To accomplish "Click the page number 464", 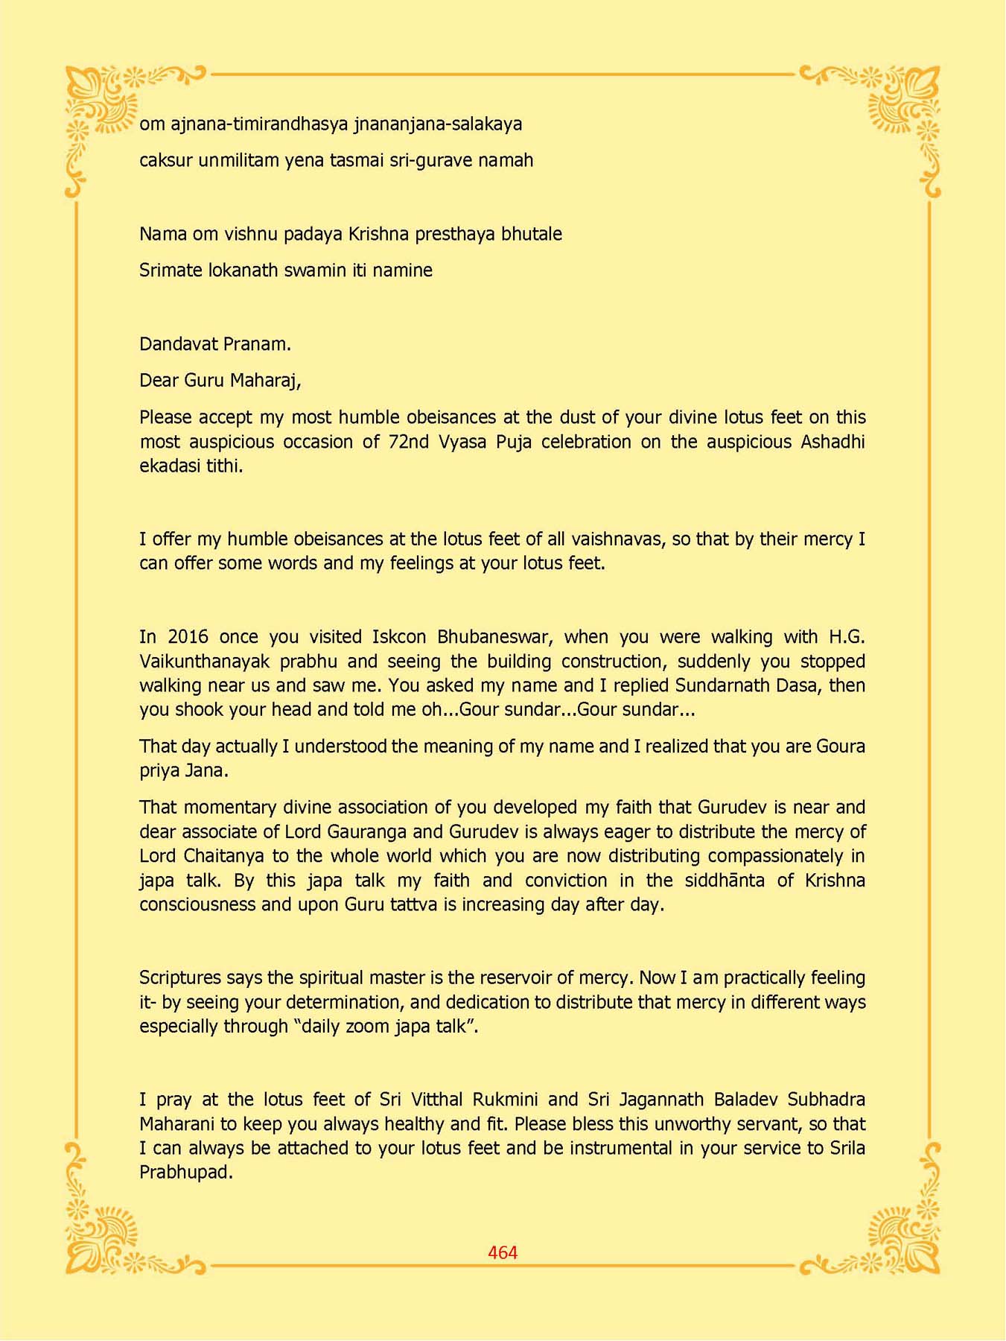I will tap(503, 1252).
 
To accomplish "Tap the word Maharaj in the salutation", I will tap(265, 381).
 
